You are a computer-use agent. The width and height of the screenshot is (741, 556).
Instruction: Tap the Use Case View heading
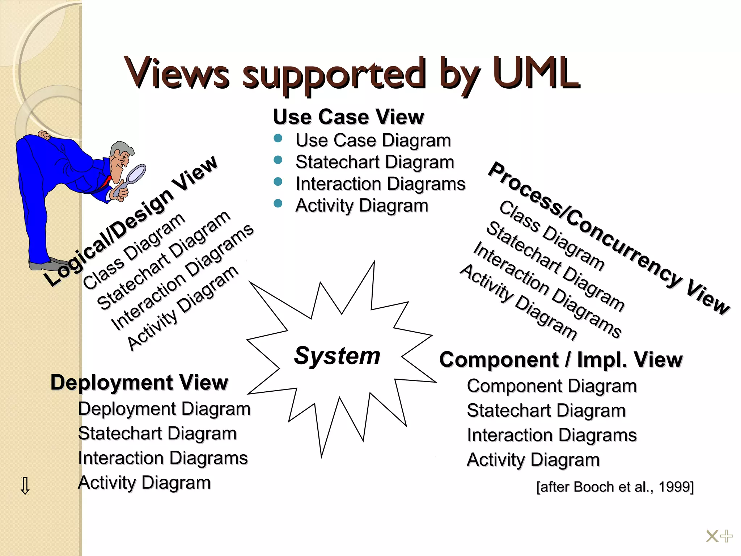coord(348,117)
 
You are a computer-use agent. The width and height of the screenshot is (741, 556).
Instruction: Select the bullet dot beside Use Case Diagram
coord(278,139)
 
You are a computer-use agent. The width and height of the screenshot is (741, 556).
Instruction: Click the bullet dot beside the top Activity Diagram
coord(278,203)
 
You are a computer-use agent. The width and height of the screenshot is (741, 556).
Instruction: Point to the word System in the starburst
coord(337,355)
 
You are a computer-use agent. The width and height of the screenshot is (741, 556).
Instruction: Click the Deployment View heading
coord(139,382)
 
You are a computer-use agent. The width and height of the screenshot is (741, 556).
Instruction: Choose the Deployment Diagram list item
coord(164,409)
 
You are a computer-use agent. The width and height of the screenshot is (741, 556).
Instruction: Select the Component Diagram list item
coord(552,386)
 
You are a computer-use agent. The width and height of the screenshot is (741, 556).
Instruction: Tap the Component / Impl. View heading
coord(561,360)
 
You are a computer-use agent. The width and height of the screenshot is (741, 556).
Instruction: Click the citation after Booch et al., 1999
coord(615,487)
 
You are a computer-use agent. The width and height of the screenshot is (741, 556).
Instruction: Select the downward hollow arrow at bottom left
coord(25,486)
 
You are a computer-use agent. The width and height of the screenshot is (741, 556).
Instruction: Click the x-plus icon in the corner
coord(719,536)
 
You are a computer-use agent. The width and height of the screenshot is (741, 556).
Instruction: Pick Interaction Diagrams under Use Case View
coord(380,184)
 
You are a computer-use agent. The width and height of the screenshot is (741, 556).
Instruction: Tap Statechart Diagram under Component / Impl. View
coord(546,411)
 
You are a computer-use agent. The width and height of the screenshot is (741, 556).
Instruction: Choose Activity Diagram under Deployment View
coord(144,483)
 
